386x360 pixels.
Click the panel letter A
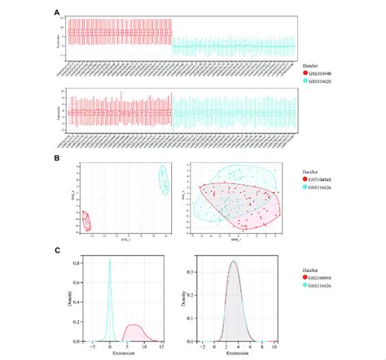(x=57, y=13)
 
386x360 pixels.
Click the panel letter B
(x=57, y=160)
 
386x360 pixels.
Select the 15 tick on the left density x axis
(x=163, y=345)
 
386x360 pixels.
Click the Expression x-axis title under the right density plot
(x=234, y=352)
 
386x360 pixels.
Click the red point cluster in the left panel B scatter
(x=86, y=221)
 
